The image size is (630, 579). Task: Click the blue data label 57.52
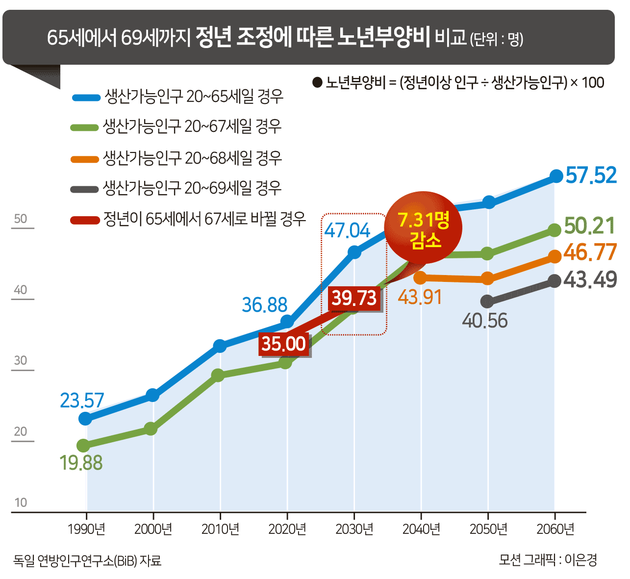pos(591,176)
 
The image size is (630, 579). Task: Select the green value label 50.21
pos(589,226)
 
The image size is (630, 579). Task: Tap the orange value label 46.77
pos(590,252)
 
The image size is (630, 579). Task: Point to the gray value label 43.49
pos(590,279)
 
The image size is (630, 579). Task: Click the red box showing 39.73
pos(354,298)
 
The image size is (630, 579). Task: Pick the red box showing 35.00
pos(283,344)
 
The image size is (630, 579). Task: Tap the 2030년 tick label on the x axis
pos(354,529)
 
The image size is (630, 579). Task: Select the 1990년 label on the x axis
pos(86,529)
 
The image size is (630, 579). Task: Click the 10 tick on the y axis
pos(21,503)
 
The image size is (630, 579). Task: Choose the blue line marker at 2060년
pos(556,176)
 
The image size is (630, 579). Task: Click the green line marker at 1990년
pos(83,446)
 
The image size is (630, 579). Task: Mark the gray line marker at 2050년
pos(487,301)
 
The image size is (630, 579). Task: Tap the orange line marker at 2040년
pos(420,278)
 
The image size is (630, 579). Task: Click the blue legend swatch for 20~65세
pos(86,98)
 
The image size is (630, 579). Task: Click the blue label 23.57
pos(82,401)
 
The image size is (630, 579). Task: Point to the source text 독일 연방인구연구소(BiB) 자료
pos(87,560)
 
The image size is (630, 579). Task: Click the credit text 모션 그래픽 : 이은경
pos(548,560)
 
